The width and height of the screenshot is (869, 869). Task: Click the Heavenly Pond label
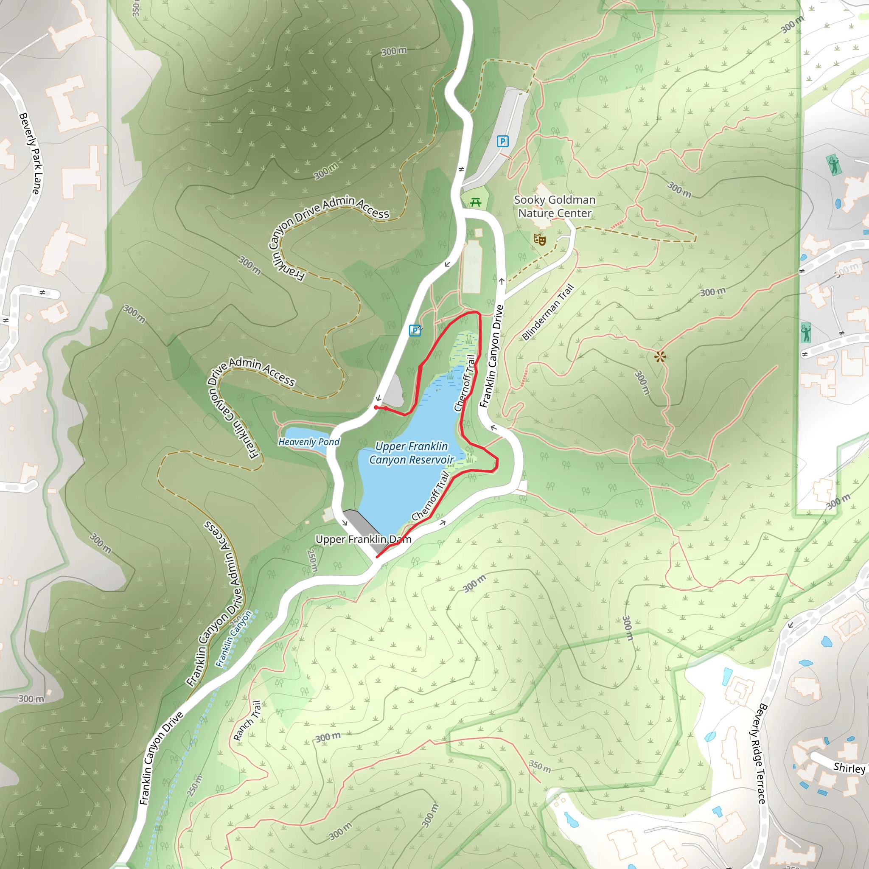(x=309, y=442)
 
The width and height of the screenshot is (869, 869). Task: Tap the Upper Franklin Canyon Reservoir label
(x=412, y=453)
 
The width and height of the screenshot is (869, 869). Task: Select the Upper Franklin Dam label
(x=363, y=539)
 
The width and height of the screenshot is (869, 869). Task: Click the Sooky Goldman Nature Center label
(x=555, y=207)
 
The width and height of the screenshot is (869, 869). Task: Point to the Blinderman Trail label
(x=548, y=312)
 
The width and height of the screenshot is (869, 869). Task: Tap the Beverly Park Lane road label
(x=31, y=153)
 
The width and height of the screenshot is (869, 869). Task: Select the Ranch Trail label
(x=247, y=720)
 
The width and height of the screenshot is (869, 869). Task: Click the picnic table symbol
(x=475, y=203)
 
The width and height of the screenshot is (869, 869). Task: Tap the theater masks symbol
(x=540, y=239)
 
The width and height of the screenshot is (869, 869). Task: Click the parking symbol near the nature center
(x=502, y=142)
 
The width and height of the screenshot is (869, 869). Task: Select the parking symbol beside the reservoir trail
(x=415, y=331)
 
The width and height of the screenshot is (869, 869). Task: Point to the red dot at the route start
(x=376, y=407)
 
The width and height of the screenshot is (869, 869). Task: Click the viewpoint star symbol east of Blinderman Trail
(x=660, y=357)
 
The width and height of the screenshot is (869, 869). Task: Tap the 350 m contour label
(x=540, y=766)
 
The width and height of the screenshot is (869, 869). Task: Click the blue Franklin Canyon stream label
(x=233, y=639)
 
